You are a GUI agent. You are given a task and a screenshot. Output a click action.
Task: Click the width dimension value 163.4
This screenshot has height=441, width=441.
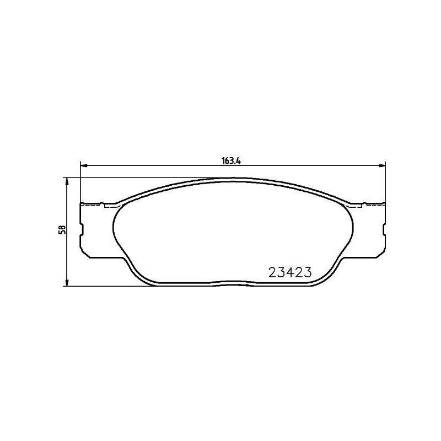232,161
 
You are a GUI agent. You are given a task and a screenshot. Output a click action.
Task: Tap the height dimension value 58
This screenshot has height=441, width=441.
63,230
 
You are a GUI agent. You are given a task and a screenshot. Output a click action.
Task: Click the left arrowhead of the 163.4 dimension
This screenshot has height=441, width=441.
84,165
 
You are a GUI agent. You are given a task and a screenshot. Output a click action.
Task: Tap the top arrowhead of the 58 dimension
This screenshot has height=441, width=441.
67,181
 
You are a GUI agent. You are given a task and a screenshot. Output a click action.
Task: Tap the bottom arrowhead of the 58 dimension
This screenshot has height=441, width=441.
67,283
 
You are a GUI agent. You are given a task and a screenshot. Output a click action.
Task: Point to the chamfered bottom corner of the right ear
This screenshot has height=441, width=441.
379,252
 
